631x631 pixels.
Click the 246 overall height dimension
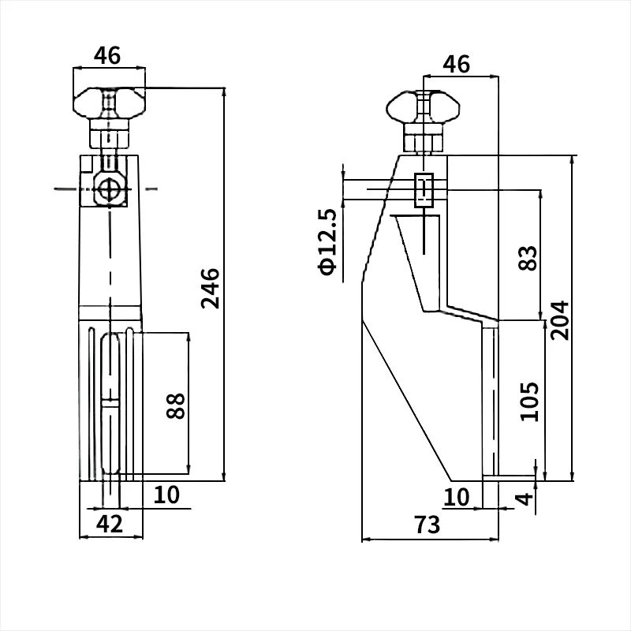point(210,288)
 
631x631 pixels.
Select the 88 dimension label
point(176,405)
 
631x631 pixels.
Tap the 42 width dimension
point(110,523)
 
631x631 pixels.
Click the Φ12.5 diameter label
point(327,242)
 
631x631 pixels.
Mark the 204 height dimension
point(559,319)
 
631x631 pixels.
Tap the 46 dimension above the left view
point(107,56)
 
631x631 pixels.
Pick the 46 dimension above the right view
point(456,64)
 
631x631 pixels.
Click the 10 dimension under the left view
point(166,495)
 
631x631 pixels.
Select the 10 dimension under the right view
point(456,497)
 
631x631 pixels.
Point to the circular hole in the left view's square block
point(109,189)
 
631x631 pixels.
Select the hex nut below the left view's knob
point(110,134)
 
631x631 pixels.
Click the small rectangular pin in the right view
point(424,190)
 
